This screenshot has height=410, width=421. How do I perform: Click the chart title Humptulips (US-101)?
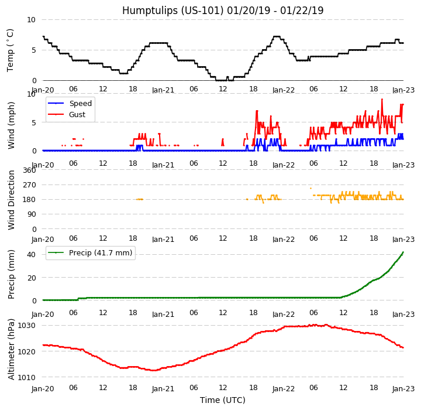(x=223, y=11)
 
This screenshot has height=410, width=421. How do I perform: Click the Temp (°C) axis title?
(x=11, y=50)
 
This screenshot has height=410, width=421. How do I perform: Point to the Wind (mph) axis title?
(x=11, y=125)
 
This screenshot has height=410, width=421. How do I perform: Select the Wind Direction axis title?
(x=11, y=200)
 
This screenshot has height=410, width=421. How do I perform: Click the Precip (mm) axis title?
(x=11, y=274)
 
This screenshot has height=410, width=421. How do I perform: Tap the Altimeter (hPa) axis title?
(x=11, y=349)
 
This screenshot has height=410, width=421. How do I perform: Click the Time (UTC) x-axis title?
(x=223, y=400)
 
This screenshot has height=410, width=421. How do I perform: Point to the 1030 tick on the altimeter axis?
(x=27, y=325)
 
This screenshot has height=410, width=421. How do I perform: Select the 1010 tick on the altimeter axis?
(x=27, y=377)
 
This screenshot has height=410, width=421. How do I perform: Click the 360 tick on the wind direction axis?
(x=29, y=170)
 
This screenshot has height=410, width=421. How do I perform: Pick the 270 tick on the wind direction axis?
(x=29, y=185)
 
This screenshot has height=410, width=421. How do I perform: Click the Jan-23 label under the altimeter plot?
(x=403, y=388)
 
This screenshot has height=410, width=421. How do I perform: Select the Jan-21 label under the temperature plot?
(x=163, y=91)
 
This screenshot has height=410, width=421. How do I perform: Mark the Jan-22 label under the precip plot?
(x=284, y=314)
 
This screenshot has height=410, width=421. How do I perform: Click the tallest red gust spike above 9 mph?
(x=382, y=100)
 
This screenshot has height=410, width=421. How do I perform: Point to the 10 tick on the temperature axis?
(x=32, y=20)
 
